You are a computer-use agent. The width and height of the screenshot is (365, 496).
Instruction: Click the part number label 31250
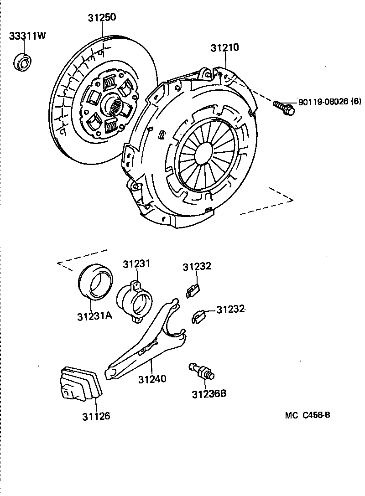coord(102,18)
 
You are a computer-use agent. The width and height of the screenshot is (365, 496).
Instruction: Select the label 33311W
coord(27,36)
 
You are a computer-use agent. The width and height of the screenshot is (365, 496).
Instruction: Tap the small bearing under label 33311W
coord(22,62)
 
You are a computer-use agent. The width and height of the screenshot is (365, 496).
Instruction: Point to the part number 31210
coord(225,48)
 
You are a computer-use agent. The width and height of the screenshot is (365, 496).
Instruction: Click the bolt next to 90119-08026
coord(282,106)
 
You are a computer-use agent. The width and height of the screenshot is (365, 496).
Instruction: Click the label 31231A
coord(94,315)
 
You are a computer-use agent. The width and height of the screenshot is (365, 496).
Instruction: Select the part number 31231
coord(136,264)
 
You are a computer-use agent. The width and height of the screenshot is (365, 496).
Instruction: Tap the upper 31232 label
coord(197,267)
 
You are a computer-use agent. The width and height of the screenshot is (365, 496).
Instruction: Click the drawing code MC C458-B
coord(308,415)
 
